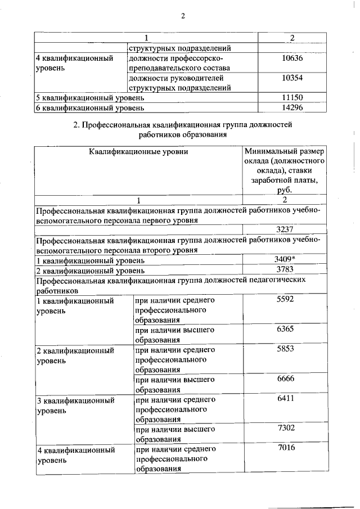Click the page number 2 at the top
click(x=183, y=16)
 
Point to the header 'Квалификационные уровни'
click(x=138, y=151)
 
